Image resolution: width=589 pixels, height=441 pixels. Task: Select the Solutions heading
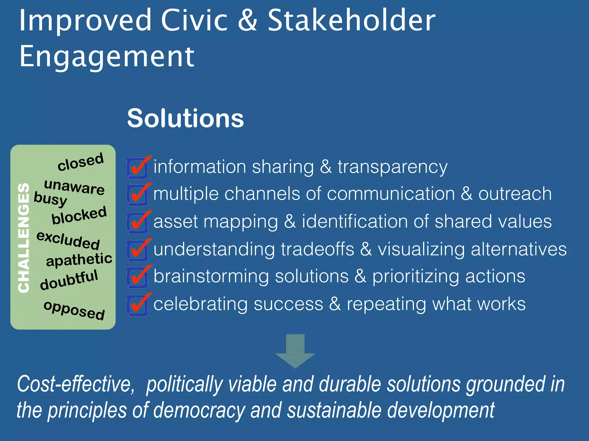186,118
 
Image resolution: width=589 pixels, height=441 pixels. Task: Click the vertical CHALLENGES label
24,238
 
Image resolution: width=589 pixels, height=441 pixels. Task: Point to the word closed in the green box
81,162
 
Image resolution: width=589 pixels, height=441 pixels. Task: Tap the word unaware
74,187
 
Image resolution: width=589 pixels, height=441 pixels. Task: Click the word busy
50,199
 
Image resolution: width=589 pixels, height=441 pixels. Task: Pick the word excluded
68,240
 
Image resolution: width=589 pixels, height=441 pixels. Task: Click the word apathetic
79,260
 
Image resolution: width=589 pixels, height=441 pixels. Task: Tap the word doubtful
69,280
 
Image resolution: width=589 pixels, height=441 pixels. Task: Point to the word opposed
74,310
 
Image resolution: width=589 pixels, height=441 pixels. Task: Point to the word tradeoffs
318,249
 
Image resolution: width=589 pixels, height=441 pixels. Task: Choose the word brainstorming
211,276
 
